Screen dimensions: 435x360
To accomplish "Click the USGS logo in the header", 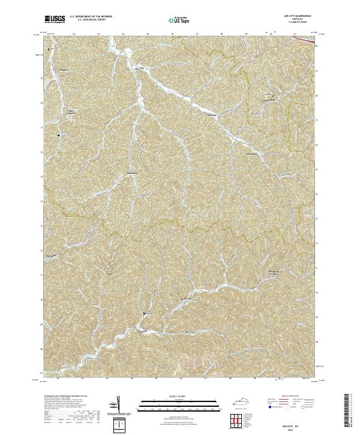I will (55, 20).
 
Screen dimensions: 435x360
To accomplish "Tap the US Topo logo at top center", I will (179, 20).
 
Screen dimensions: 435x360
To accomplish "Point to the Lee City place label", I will (139, 68).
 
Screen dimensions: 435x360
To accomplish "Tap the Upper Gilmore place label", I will (70, 112).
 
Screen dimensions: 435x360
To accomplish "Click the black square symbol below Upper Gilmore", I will (59, 135).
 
